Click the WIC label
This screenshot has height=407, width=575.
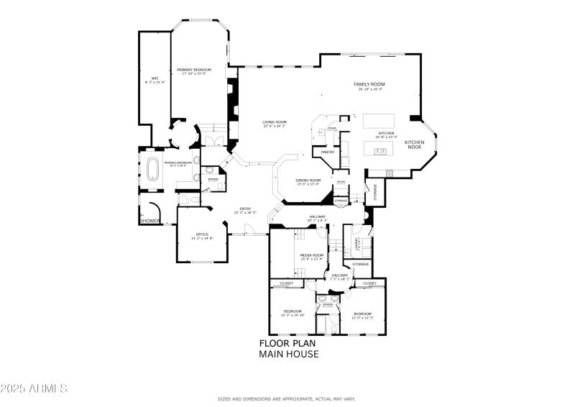coord(155,78)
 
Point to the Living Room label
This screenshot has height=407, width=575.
coord(274,122)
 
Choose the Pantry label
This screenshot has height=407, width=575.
coord(328,152)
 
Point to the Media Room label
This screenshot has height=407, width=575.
coord(312,255)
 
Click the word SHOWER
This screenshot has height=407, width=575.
coord(149,221)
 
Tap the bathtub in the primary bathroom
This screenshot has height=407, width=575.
coord(153,170)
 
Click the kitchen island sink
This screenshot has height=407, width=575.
coord(380,150)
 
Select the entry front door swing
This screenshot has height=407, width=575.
coord(249,230)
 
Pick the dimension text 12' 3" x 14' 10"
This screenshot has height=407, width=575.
coord(292,315)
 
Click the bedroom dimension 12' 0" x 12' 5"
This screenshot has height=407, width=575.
coord(362,318)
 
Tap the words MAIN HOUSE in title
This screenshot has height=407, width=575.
coord(287,354)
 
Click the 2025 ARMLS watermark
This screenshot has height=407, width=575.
coord(34,388)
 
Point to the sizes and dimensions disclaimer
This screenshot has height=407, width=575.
coord(287,398)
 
